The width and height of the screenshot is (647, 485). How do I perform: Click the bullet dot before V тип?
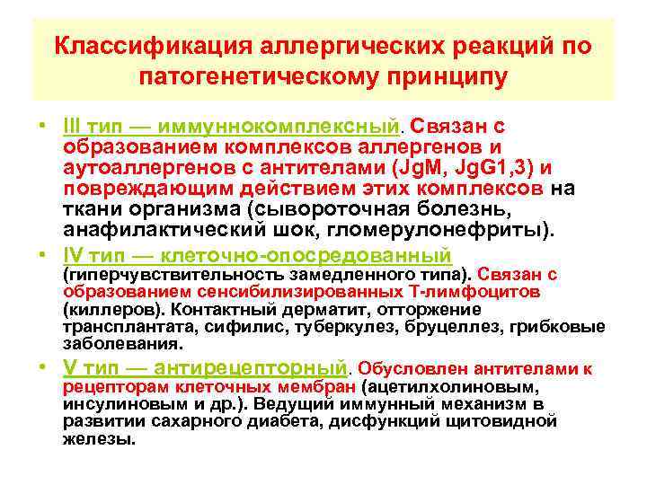pos(43,367)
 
